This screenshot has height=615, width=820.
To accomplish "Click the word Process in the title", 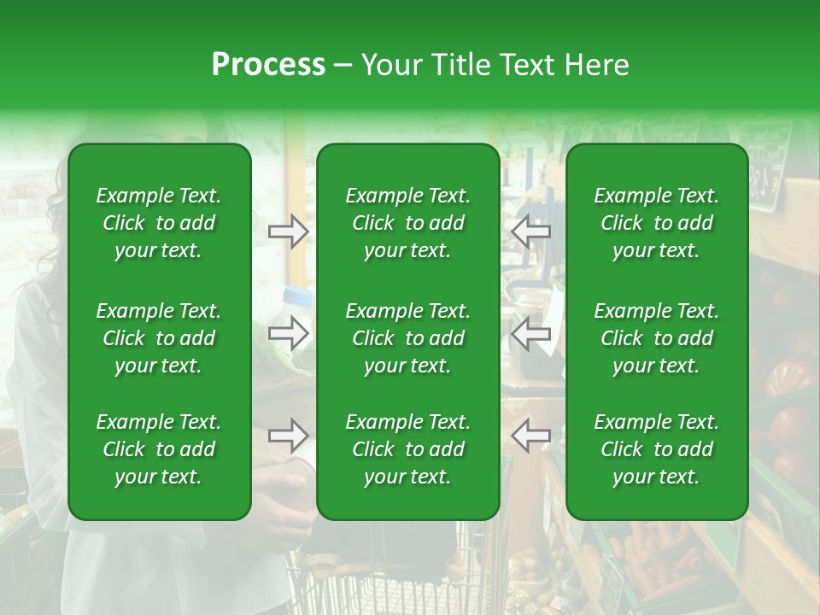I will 268,65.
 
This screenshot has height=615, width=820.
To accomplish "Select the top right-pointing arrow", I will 289,231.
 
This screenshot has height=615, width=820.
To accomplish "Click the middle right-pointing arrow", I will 289,333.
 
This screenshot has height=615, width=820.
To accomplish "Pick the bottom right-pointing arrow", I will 289,436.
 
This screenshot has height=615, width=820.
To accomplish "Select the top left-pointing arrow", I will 530,231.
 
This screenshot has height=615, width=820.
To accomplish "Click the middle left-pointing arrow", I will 530,333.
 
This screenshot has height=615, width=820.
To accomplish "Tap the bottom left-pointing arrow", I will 530,436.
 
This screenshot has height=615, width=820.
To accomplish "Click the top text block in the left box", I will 159,223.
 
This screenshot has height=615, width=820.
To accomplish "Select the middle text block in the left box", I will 159,338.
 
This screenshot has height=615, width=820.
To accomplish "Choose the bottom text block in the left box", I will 159,449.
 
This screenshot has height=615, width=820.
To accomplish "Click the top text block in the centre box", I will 407,223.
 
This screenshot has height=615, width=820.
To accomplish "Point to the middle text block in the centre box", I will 407,338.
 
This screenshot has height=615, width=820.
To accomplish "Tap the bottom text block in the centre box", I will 407,449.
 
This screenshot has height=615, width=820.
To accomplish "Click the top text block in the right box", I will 657,223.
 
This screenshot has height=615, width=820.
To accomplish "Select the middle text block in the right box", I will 657,338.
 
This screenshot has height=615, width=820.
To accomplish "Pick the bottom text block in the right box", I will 657,449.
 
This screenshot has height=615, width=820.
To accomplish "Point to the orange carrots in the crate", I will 658,555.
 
